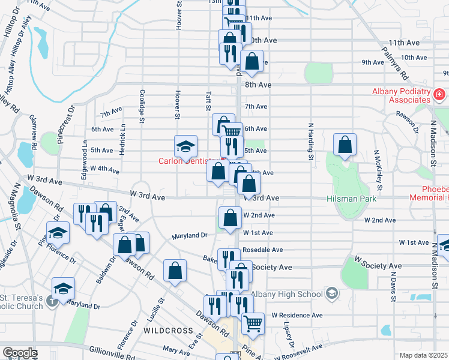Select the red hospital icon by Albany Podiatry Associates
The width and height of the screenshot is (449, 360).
tap(439, 94)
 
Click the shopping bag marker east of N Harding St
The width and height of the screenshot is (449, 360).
tap(345, 145)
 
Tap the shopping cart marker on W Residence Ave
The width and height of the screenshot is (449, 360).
tap(253, 323)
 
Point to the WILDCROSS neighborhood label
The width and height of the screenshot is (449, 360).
tap(169, 331)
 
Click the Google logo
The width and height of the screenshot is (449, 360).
tap(20, 353)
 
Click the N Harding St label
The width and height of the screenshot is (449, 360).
tap(311, 150)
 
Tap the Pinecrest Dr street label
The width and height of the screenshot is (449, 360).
tap(65, 123)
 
